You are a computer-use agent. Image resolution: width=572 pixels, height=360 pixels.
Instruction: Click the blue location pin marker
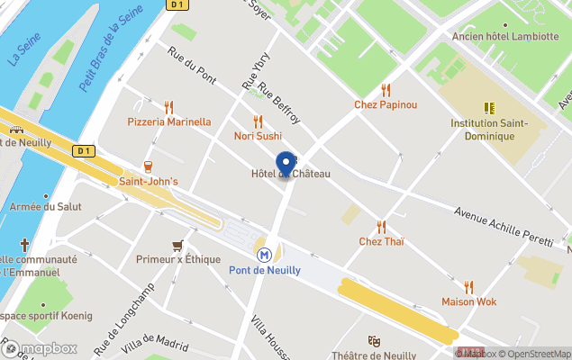click(286, 164)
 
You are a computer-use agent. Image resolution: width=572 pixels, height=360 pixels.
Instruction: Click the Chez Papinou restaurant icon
click(386, 90)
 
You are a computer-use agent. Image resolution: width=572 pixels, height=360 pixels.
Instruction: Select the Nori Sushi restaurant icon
click(258, 121)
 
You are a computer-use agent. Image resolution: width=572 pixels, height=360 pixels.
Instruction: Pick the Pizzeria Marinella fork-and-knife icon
click(168, 107)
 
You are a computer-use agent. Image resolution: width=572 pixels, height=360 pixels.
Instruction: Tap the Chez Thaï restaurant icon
click(381, 227)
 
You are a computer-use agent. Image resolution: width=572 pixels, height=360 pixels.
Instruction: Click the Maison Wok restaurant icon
click(468, 286)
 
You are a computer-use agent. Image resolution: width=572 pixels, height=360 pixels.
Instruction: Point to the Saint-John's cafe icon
click(148, 166)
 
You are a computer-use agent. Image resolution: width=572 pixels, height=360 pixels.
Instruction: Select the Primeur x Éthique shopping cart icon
click(177, 245)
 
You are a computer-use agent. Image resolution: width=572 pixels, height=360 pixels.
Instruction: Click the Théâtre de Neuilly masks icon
click(374, 341)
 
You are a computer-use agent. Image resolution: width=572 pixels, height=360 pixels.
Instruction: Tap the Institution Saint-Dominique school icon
click(490, 107)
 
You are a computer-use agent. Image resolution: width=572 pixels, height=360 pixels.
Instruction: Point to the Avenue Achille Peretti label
click(501, 224)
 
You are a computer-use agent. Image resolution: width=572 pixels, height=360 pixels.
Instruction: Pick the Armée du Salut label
click(44, 206)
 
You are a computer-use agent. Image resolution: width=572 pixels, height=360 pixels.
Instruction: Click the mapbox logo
click(40, 348)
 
